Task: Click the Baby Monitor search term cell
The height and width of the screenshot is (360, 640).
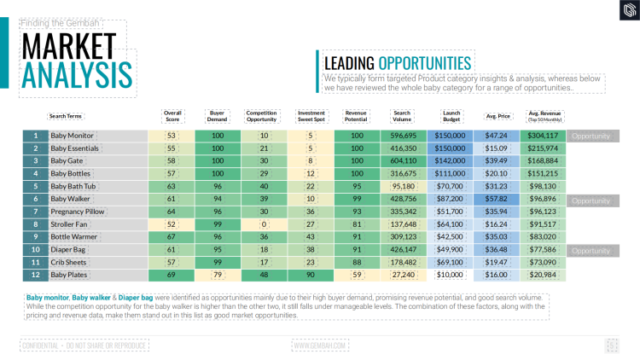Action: tap(73, 136)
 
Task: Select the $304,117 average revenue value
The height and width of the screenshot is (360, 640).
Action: tap(544, 136)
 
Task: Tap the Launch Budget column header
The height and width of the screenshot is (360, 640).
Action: tap(451, 116)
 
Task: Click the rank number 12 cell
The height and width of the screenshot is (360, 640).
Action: tap(35, 276)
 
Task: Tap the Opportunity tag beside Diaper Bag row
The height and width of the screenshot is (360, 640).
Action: tap(591, 251)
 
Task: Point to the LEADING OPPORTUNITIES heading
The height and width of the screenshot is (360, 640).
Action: tap(397, 63)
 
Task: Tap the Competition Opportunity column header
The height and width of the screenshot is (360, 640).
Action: tap(261, 116)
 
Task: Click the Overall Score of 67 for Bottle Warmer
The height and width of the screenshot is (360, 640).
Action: tap(171, 237)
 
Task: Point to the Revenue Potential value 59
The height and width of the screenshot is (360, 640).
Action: tap(357, 276)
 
